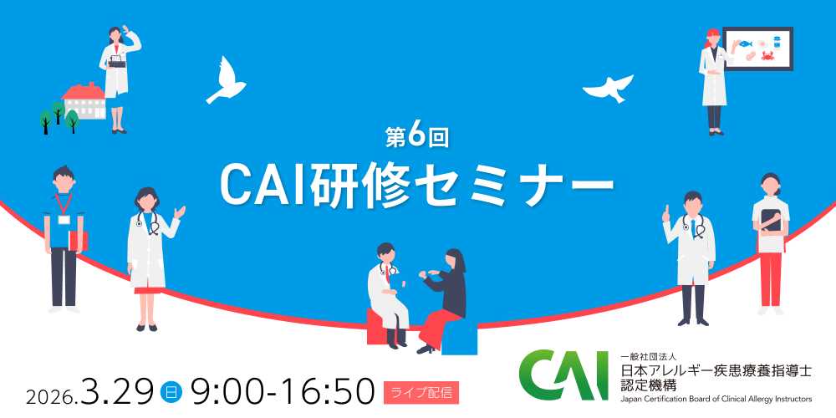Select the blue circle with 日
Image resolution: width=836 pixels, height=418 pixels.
[x=171, y=390]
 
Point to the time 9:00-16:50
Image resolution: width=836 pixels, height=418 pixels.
[x=281, y=390]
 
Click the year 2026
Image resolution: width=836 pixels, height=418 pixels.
[x=52, y=394]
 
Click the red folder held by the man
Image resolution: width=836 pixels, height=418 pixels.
[x=79, y=240]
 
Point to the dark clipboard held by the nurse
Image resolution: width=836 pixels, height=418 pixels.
[x=772, y=222]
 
